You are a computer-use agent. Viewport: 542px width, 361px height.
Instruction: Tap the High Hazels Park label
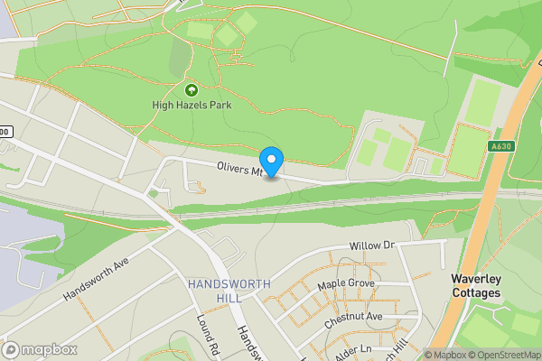[192, 106]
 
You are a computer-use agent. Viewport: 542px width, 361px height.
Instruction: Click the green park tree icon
[192, 89]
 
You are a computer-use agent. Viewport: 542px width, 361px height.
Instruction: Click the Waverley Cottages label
[476, 286]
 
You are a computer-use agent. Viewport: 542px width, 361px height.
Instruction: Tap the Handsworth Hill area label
[229, 291]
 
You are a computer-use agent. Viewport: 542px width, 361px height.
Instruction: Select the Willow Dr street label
[373, 245]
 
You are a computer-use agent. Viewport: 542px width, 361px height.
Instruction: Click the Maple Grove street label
[345, 285]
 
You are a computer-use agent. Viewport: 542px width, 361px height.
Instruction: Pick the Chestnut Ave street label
[354, 317]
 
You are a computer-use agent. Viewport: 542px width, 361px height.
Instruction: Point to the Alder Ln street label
[353, 349]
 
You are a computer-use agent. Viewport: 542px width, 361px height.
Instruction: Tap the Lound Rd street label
[209, 335]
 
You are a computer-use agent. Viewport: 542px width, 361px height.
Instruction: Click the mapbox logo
[38, 349]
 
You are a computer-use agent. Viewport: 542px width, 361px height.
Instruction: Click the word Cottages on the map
[476, 293]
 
